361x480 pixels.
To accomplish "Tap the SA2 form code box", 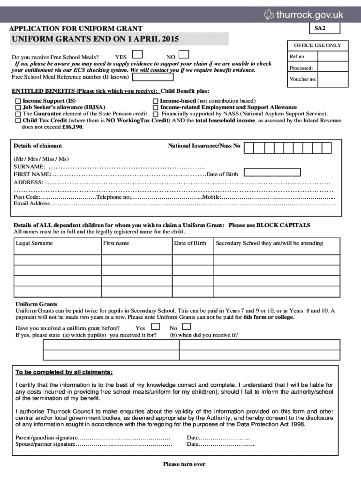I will pyautogui.click(x=319, y=29).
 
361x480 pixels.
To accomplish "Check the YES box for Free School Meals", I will pyautogui.click(x=138, y=55).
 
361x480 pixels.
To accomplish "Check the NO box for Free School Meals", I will pyautogui.click(x=184, y=55).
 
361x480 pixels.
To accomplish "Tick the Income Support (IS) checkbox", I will pyautogui.click(x=18, y=101).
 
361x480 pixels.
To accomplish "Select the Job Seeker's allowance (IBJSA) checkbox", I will pyautogui.click(x=18, y=107).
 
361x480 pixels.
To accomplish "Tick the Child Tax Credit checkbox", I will pyautogui.click(x=18, y=120).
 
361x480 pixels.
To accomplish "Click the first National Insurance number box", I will pyautogui.click(x=249, y=148).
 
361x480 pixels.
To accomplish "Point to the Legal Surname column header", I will pyautogui.click(x=34, y=243).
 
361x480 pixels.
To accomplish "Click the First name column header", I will pyautogui.click(x=116, y=243).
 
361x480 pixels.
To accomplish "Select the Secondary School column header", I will pyautogui.click(x=269, y=243).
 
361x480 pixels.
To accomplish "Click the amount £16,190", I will pyautogui.click(x=72, y=127).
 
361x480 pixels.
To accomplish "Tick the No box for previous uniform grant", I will pyautogui.click(x=186, y=326).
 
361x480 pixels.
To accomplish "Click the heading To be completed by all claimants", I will pyautogui.click(x=64, y=372).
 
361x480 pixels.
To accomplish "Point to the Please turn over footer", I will pyautogui.click(x=184, y=464).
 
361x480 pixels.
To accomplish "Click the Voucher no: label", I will pyautogui.click(x=303, y=79).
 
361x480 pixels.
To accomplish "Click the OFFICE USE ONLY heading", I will pyautogui.click(x=317, y=45).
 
